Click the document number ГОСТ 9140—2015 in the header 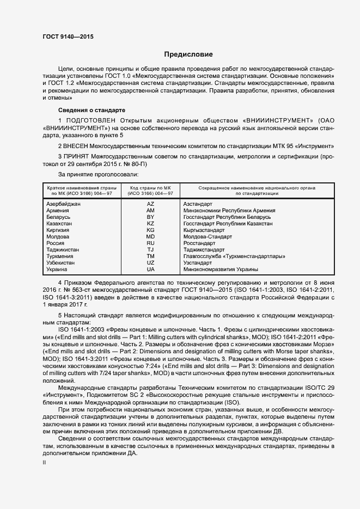coord(68,37)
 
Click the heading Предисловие coord(188,54)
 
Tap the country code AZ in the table coord(151,204)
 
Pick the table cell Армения coord(58,210)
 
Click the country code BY coord(151,217)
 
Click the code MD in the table coord(151,237)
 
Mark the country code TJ coord(151,250)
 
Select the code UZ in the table coord(151,263)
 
